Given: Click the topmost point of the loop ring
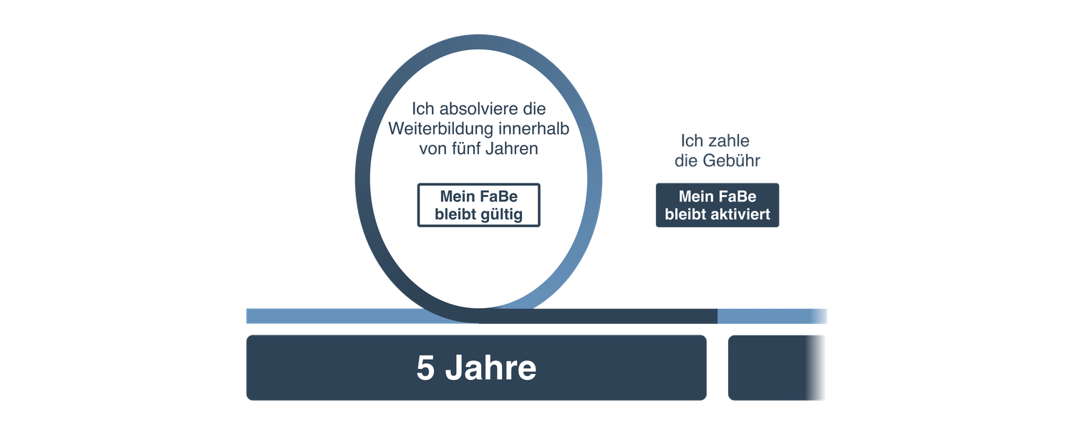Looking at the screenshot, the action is click(478, 34).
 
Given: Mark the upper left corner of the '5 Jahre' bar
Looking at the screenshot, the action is click(246, 335).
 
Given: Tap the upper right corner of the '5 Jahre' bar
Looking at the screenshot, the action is click(707, 335).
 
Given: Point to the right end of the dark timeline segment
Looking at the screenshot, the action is click(717, 316).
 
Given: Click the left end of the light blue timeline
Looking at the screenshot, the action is click(246, 316).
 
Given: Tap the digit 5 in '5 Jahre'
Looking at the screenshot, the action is click(425, 368).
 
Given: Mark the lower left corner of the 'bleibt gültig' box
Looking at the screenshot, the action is click(417, 226).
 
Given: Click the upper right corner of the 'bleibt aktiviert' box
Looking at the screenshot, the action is click(779, 183).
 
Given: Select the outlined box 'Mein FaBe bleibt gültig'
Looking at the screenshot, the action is click(479, 205).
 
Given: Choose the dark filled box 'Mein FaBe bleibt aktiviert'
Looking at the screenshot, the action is click(717, 205).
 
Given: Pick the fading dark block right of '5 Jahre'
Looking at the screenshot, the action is click(777, 368).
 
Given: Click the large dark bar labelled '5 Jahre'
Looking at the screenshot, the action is click(477, 368).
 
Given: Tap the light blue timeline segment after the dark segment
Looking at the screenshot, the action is click(773, 316).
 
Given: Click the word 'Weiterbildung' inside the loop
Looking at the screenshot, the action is click(440, 128).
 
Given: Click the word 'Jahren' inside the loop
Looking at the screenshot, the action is click(512, 149).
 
